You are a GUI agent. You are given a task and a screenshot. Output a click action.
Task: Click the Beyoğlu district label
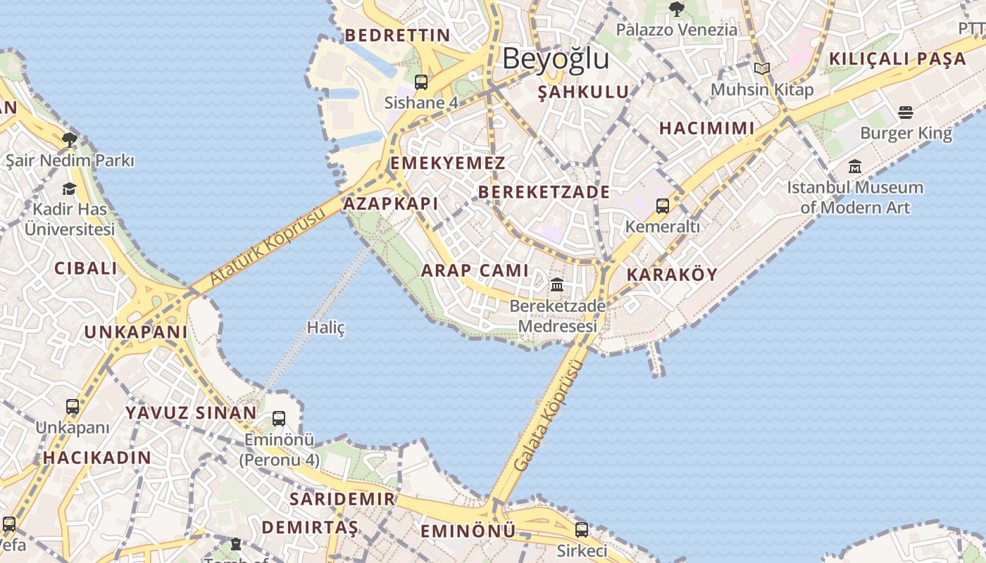(556, 59)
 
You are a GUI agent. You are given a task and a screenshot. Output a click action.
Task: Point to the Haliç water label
(326, 327)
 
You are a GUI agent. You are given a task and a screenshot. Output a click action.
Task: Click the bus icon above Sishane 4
(421, 82)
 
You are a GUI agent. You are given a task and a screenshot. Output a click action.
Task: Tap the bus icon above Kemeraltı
(663, 206)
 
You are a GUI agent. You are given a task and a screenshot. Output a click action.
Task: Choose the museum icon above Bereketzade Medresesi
(557, 285)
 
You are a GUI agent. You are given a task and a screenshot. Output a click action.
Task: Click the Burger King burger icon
(906, 113)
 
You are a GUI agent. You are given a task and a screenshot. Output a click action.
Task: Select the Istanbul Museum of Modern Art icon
(855, 167)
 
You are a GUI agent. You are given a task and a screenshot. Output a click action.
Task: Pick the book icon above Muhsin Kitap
(761, 68)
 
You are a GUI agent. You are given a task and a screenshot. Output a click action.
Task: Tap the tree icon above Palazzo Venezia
(677, 9)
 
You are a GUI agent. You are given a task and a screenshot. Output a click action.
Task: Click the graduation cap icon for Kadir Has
(70, 189)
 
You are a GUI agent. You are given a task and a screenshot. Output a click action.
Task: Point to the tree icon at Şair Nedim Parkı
(69, 139)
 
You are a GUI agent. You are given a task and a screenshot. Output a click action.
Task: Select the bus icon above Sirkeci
(582, 529)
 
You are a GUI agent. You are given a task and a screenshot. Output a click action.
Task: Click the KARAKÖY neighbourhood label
(671, 274)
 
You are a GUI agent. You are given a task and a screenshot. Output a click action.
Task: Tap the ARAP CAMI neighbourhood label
(475, 270)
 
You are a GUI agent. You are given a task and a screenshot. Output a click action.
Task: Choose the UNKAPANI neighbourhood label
(136, 332)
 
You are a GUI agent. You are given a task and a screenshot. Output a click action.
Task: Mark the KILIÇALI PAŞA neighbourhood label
(897, 59)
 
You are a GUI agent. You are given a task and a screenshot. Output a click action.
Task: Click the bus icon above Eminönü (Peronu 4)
(279, 419)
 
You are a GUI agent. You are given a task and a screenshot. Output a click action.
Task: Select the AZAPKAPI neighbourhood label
(390, 204)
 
